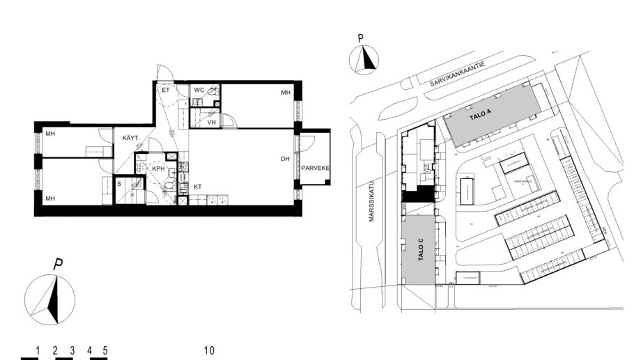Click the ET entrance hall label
pos(166,91)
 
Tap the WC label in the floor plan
pos(199,91)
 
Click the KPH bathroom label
pos(158,169)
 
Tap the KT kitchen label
pos(198,187)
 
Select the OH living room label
pos(285,159)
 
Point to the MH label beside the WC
pos(285,93)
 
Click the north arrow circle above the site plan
pos(364,60)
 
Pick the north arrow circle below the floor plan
pos(49,299)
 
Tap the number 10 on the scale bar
pos(209,350)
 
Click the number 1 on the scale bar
pos(37,350)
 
